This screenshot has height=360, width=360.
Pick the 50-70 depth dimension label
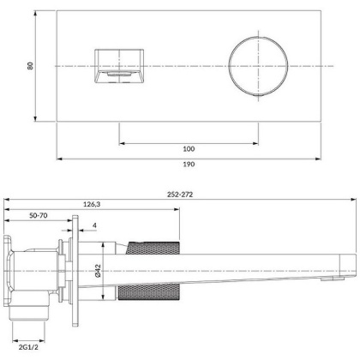37,217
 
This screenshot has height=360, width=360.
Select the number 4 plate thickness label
93,226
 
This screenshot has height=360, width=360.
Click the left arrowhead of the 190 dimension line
60,159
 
